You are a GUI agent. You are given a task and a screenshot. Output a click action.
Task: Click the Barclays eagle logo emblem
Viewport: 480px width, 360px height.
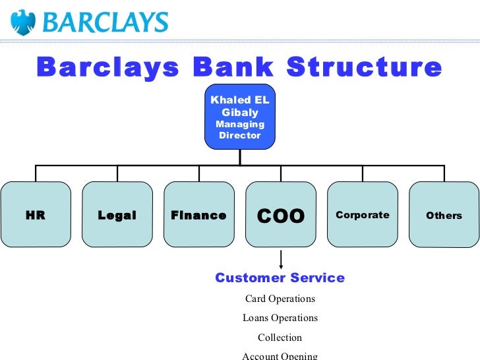(24, 22)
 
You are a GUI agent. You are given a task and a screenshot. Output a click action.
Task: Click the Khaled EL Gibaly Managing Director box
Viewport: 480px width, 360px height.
(240, 117)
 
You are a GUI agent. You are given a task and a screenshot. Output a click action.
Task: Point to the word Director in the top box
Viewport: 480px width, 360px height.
(240, 135)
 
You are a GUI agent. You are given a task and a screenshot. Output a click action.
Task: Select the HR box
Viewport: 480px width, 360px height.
(36, 215)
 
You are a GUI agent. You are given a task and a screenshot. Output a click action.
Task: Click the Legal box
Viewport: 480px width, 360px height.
(117, 215)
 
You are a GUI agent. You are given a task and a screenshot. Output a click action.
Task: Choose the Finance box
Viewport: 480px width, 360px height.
(198, 215)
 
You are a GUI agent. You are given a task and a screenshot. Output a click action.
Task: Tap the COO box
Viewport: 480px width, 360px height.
(281, 215)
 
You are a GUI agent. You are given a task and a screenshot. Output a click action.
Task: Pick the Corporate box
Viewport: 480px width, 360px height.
(363, 215)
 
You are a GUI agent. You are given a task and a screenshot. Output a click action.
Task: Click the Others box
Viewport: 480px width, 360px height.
(444, 215)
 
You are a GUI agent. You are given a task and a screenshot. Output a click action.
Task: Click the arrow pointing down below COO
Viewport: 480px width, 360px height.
(282, 260)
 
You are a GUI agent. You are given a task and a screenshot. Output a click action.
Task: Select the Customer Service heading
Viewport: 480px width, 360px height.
(280, 278)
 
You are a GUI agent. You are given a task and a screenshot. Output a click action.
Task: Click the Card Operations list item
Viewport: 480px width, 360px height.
(280, 299)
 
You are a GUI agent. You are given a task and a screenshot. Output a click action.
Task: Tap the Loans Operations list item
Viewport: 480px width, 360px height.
(280, 318)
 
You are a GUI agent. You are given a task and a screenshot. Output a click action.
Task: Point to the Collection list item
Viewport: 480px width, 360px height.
(280, 338)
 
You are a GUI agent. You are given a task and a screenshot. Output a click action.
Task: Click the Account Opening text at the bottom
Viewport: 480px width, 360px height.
(280, 355)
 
